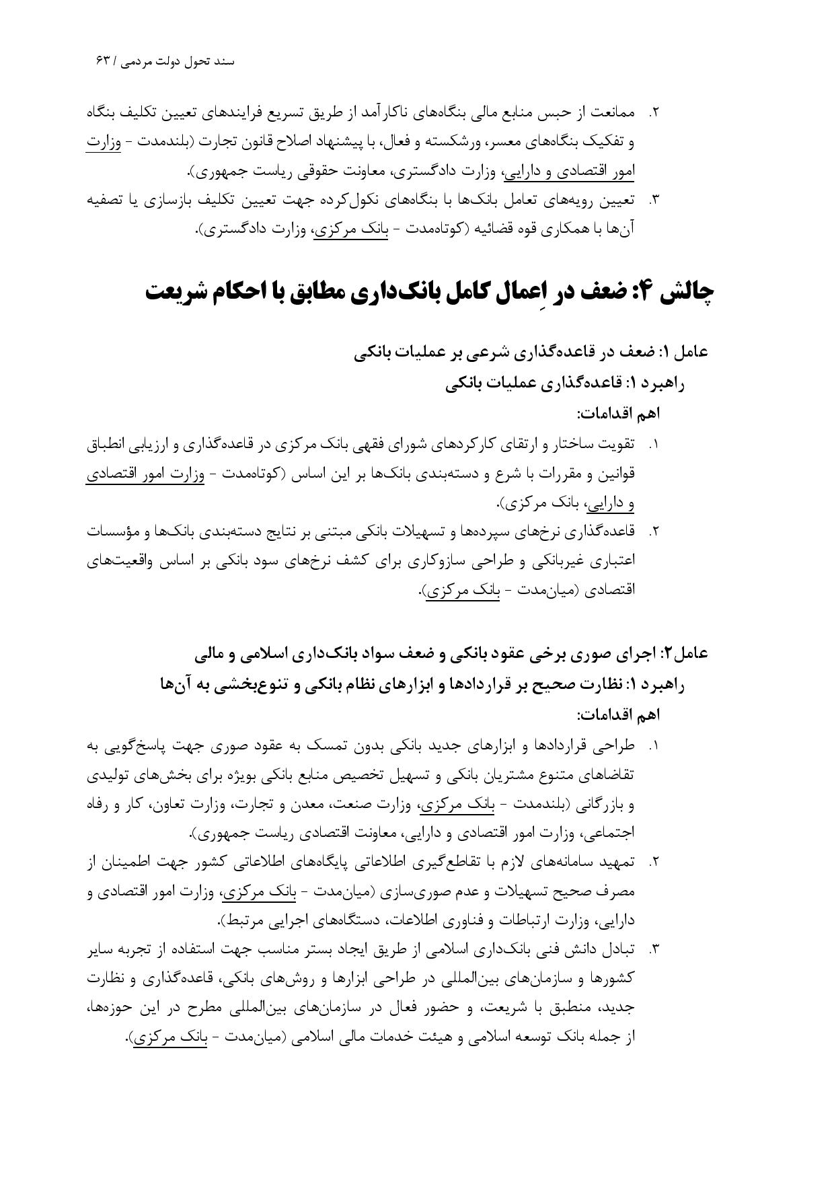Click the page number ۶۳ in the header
tap(103, 61)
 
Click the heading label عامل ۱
tap(686, 351)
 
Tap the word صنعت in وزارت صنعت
tap(357, 805)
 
